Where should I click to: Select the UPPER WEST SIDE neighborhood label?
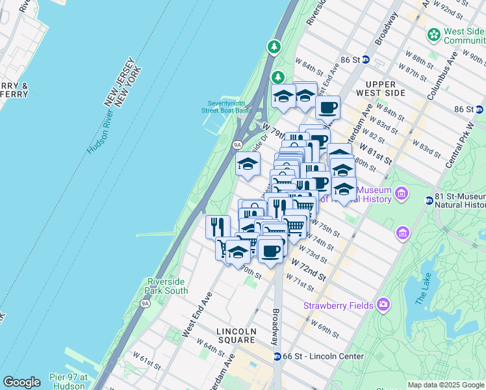[385, 88]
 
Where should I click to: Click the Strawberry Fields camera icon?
[383, 304]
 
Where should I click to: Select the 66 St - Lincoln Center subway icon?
[277, 356]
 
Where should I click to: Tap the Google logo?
[21, 382]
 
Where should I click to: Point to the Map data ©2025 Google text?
[445, 385]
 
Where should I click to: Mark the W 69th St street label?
[326, 328]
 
